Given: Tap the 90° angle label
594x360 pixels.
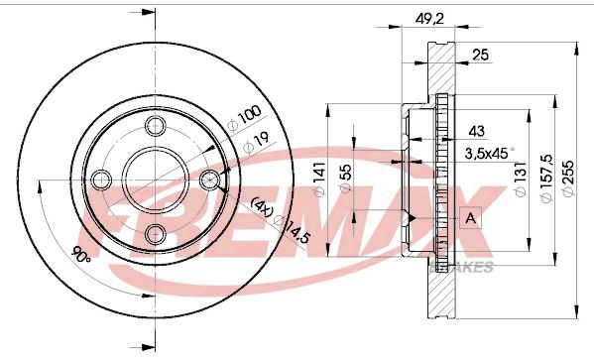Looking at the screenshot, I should [81, 254].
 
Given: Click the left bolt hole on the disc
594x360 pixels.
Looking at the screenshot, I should [100, 180].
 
